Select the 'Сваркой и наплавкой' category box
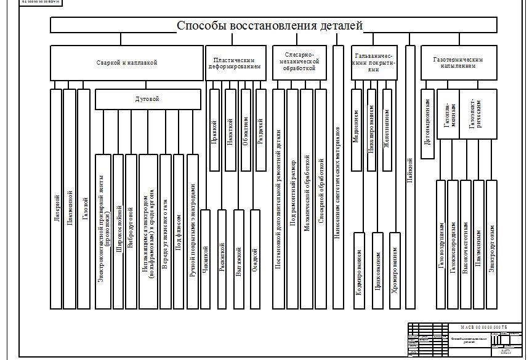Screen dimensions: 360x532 (x=127, y=62)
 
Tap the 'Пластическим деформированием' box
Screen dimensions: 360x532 (x=236, y=62)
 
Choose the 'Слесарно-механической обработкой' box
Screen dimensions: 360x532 (x=299, y=62)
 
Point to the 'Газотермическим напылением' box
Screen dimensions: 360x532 (x=458, y=62)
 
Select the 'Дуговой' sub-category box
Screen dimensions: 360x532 (x=148, y=99)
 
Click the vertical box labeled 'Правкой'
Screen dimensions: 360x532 (x=214, y=129)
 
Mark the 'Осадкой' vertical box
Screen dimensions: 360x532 (x=256, y=258)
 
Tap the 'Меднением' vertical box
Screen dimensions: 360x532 (x=357, y=129)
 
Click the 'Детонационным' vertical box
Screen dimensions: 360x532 (x=428, y=123)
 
